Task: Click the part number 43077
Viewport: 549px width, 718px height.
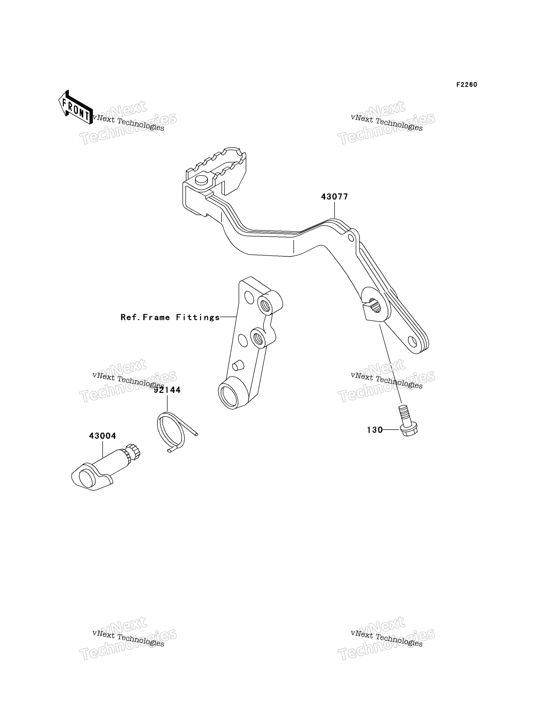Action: [334, 197]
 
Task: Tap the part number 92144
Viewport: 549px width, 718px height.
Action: [167, 390]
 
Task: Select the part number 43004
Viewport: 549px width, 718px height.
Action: [103, 436]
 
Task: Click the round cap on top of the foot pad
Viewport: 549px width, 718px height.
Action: [201, 180]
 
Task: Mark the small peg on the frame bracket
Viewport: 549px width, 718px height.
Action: [238, 365]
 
